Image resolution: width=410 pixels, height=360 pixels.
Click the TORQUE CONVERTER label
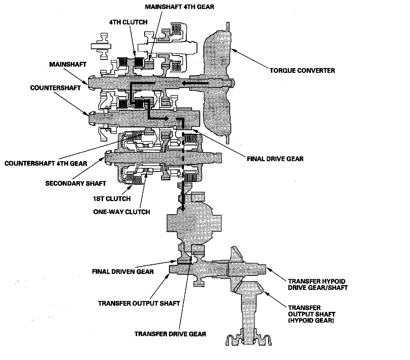tap(302, 70)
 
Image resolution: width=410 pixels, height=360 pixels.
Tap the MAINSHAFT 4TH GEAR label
tap(179, 7)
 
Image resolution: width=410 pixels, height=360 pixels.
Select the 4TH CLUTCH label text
tap(128, 22)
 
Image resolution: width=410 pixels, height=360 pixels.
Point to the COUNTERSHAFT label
tap(55, 88)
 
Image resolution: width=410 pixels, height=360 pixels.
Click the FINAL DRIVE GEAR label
tap(275, 159)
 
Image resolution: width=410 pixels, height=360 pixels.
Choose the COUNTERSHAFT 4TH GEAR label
tap(46, 163)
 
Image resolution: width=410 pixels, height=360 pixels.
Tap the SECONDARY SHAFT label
tap(76, 184)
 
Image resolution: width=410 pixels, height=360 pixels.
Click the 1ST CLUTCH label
tap(112, 199)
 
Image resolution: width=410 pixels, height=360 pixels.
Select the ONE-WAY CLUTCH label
tap(122, 212)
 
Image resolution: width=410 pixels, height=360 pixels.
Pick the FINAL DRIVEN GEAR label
tap(123, 272)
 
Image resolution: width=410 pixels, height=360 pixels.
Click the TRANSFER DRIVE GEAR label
tap(170, 334)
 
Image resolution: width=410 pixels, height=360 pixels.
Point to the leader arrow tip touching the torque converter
tap(232, 49)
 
